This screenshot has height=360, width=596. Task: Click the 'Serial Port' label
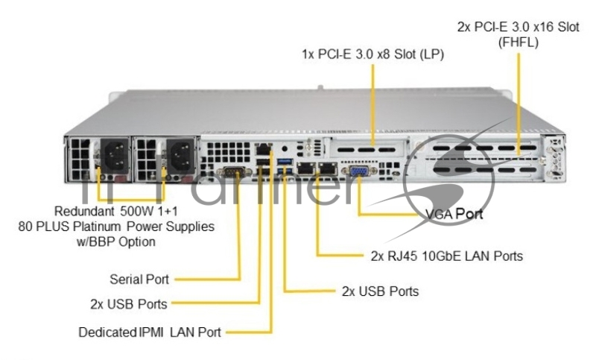(x=139, y=280)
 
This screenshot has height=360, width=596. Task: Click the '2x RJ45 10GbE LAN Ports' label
(x=446, y=256)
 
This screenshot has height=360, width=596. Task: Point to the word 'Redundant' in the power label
(x=83, y=210)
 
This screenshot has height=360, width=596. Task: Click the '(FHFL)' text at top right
(x=517, y=42)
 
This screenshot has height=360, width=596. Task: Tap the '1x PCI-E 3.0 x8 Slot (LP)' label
(x=372, y=54)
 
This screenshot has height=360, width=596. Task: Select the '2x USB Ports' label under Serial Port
(x=128, y=303)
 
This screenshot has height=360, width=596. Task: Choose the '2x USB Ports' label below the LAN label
(x=380, y=291)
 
